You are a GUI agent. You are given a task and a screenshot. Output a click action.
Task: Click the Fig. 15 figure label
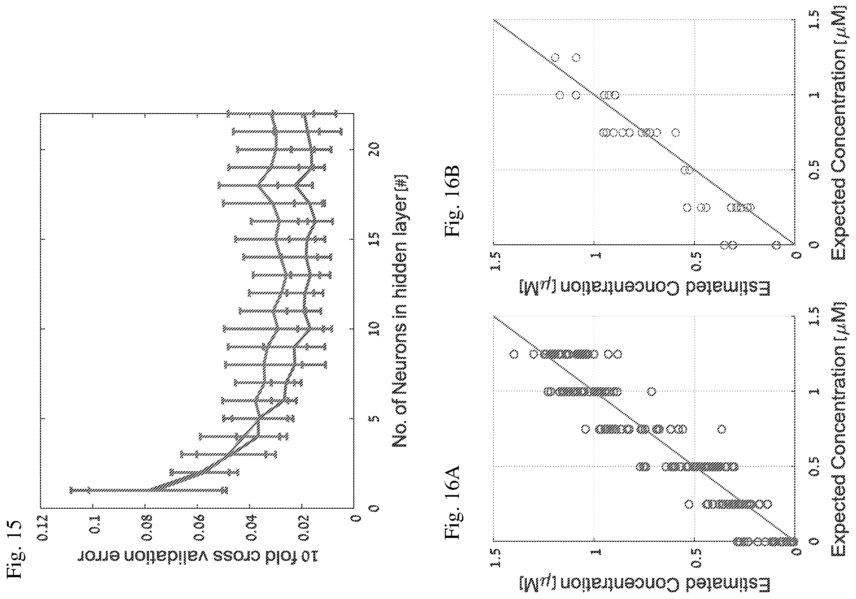click(15, 546)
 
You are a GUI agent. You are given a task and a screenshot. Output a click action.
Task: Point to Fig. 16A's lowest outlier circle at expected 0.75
click(722, 429)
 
